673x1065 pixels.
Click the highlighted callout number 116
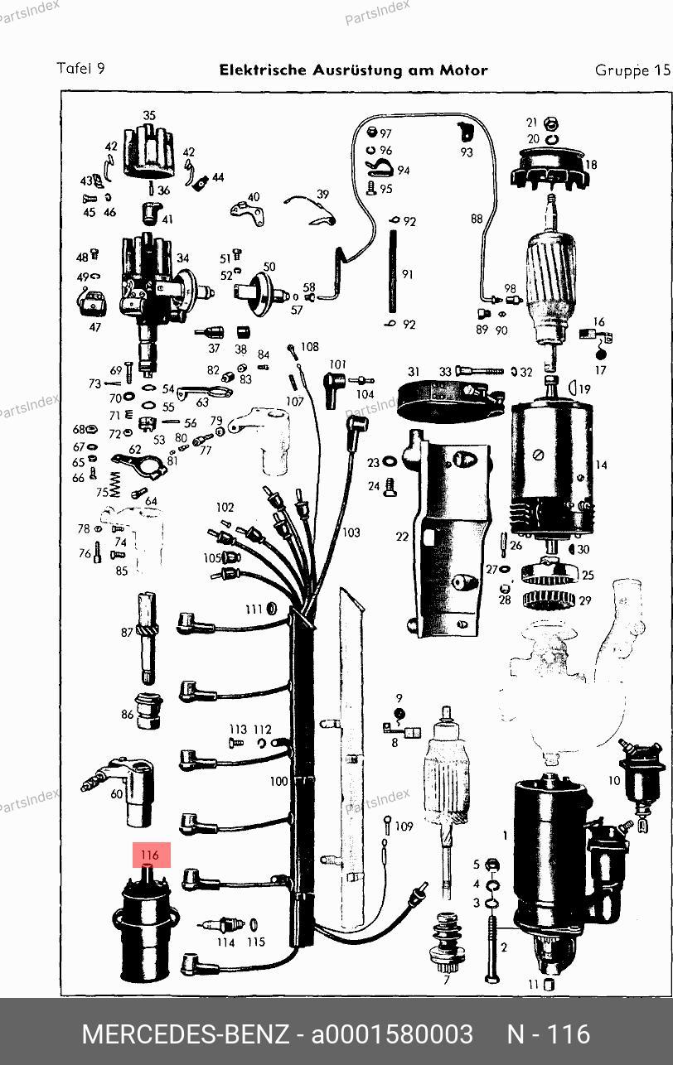[150, 855]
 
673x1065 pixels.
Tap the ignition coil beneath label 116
[145, 932]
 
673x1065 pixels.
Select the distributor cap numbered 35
[148, 155]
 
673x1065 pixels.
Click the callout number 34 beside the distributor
[182, 258]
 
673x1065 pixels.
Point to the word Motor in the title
[465, 70]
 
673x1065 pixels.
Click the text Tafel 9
[80, 69]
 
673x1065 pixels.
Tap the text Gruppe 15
[632, 70]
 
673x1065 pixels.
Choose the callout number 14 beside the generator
[601, 465]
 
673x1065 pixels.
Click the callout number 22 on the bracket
[402, 537]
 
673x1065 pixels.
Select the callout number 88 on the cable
[477, 219]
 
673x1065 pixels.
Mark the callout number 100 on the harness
[278, 781]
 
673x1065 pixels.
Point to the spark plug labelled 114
[220, 924]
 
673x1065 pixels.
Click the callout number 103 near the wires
[351, 532]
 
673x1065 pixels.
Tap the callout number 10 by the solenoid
[614, 780]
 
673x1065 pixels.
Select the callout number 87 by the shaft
[127, 632]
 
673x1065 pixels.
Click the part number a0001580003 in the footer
[391, 1034]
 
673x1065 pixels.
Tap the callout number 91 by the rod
[408, 274]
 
